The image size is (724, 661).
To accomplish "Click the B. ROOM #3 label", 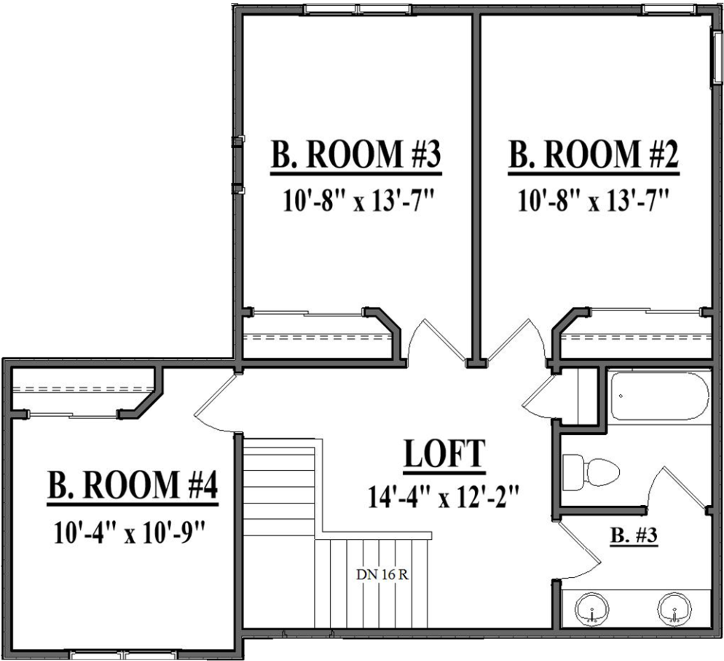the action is pos(356,155).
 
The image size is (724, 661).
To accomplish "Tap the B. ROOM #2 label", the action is pos(594,155).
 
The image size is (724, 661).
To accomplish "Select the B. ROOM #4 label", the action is pos(133,486).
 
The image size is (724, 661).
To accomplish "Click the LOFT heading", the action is pos(444,454).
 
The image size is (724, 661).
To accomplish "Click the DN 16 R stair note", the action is pos(382,575).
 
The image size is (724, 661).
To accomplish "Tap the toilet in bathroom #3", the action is pos(591,472).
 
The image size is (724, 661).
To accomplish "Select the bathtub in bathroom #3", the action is pos(659,396).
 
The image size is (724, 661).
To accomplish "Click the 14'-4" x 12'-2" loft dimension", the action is pos(444,496).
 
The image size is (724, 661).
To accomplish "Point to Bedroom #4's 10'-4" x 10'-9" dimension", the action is pos(130,532).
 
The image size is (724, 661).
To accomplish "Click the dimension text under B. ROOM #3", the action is pos(359,201).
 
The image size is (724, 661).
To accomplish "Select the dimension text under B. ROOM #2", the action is pos(594,201).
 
